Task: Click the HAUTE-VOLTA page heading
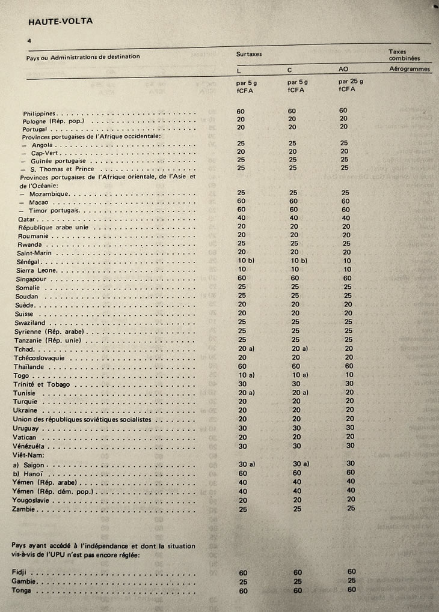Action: (60, 22)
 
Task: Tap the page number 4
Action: (29, 40)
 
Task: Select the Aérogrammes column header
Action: (410, 69)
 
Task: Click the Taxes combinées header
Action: (404, 55)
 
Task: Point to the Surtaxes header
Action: (249, 54)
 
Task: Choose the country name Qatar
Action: (27, 219)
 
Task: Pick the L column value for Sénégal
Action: (247, 261)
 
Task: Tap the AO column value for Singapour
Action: (347, 278)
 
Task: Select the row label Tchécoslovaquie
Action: (43, 357)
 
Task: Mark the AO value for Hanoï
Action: (351, 473)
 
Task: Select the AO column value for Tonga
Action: (352, 590)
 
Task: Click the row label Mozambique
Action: (49, 193)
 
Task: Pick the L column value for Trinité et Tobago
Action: (242, 384)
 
